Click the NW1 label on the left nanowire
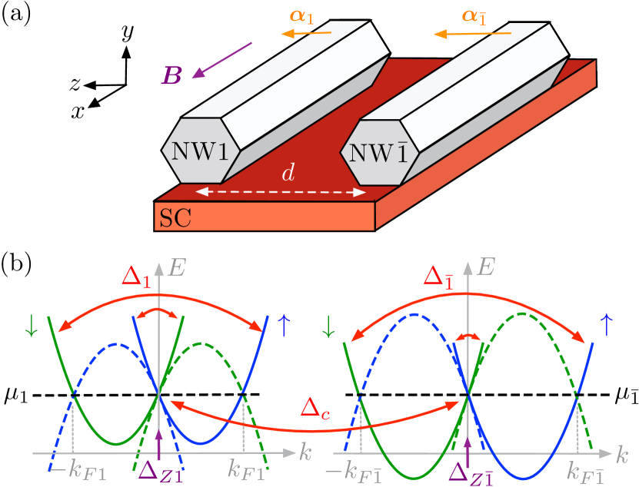[x=200, y=151]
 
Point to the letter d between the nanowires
[x=288, y=174]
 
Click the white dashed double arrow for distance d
[x=281, y=192]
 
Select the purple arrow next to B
[x=221, y=60]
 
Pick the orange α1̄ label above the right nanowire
[x=478, y=16]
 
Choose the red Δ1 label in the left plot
[x=136, y=277]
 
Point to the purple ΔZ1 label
[x=159, y=469]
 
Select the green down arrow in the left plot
[x=31, y=326]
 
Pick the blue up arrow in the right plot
[x=606, y=326]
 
